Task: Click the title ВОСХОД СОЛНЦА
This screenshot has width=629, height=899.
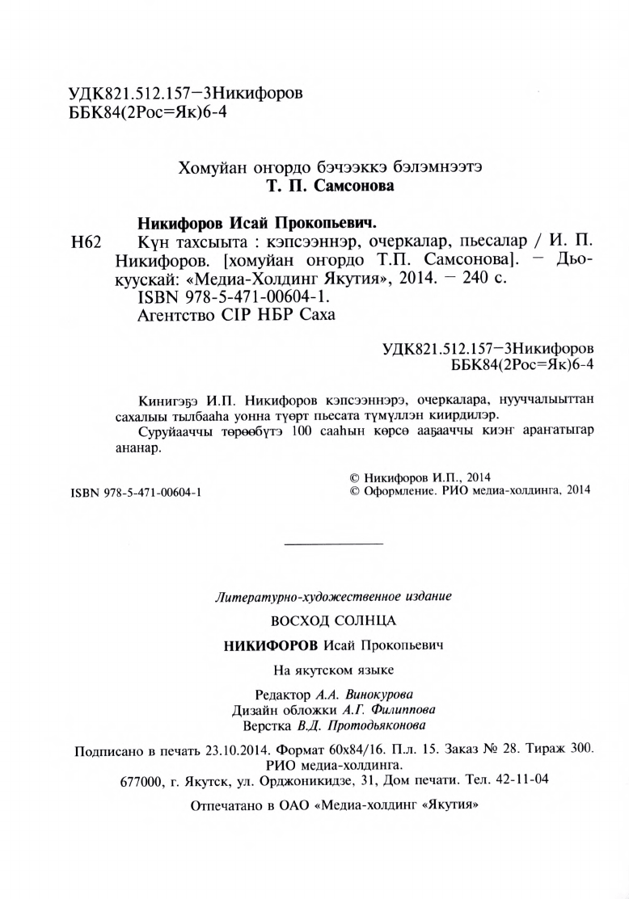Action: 331,623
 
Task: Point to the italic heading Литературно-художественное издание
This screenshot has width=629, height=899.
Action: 331,598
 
